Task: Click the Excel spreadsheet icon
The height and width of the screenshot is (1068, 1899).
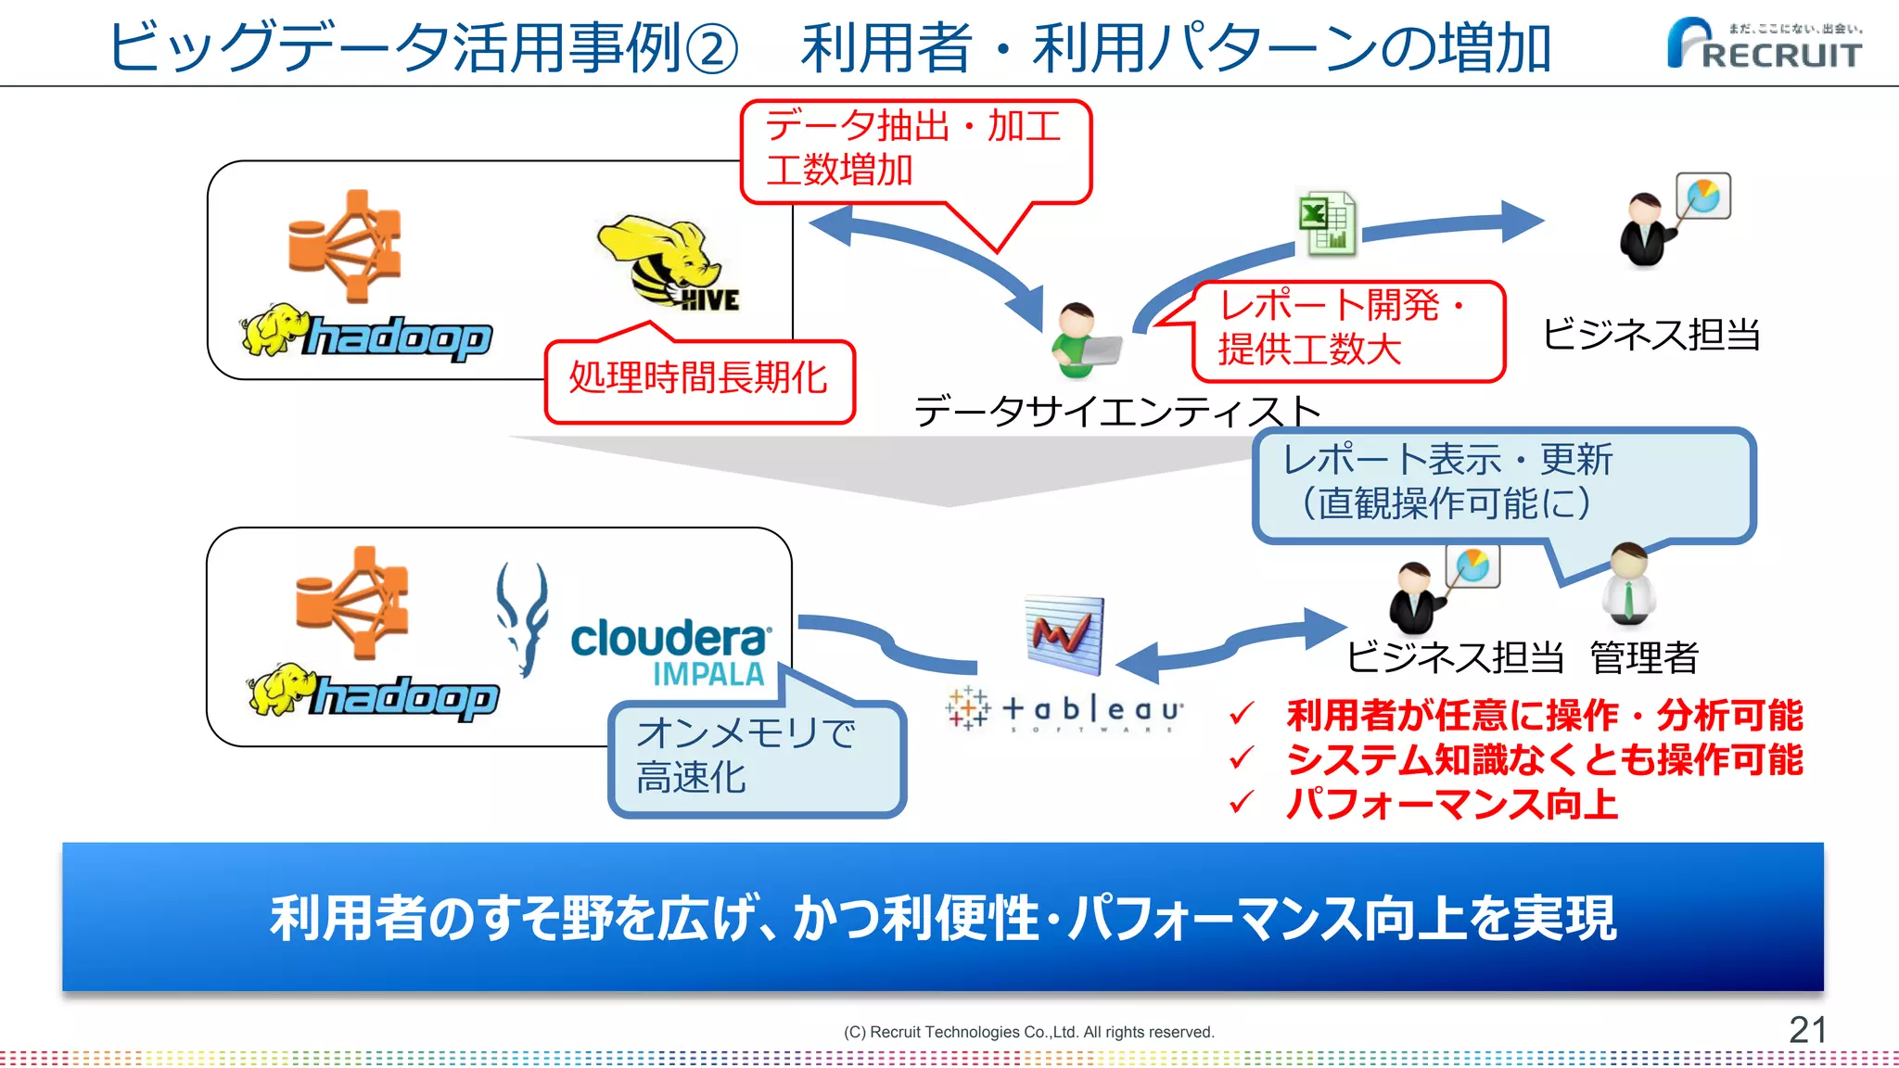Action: pos(1327,223)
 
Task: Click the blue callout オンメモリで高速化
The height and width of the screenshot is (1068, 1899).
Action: pos(755,756)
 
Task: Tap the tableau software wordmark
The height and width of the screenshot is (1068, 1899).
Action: pos(1066,712)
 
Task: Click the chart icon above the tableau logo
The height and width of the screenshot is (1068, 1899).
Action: pos(1064,634)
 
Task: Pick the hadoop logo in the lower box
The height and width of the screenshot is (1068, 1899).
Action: pos(375,695)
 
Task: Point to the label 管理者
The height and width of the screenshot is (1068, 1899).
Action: pos(1644,658)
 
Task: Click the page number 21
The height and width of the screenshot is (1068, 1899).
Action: pos(1807,1030)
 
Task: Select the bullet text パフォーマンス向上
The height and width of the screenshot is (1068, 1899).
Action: pos(1451,803)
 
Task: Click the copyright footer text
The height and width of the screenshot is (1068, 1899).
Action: pos(1028,1032)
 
